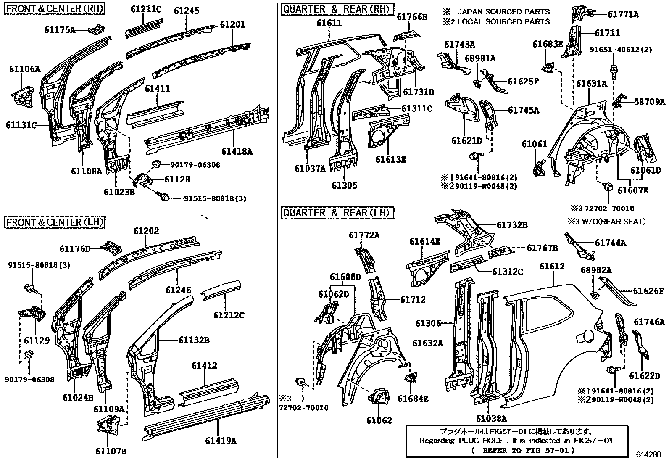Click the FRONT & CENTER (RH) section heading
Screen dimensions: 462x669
coord(55,8)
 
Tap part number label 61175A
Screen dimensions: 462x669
coord(60,29)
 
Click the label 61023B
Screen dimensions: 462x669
coord(119,192)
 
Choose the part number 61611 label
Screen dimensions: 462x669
coord(329,24)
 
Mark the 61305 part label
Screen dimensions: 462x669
coord(344,185)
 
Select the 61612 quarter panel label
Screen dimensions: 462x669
coord(552,267)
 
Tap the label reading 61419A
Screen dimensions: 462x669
coord(221,441)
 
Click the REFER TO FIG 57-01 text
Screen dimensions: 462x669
coord(523,450)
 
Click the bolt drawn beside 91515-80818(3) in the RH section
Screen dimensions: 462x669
coord(164,196)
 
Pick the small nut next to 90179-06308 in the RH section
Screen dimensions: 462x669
coord(156,164)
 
